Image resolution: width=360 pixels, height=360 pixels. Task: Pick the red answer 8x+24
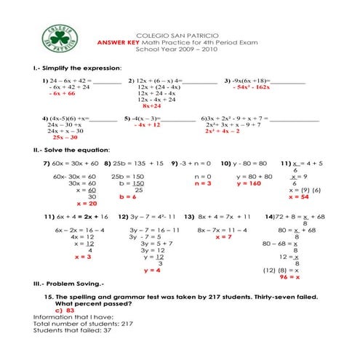tap(153, 106)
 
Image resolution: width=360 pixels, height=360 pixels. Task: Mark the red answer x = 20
tap(66, 204)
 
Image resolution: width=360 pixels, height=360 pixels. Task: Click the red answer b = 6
tap(127, 196)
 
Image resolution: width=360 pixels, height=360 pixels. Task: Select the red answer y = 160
tap(249, 183)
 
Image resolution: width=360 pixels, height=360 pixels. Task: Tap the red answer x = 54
tap(299, 196)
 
